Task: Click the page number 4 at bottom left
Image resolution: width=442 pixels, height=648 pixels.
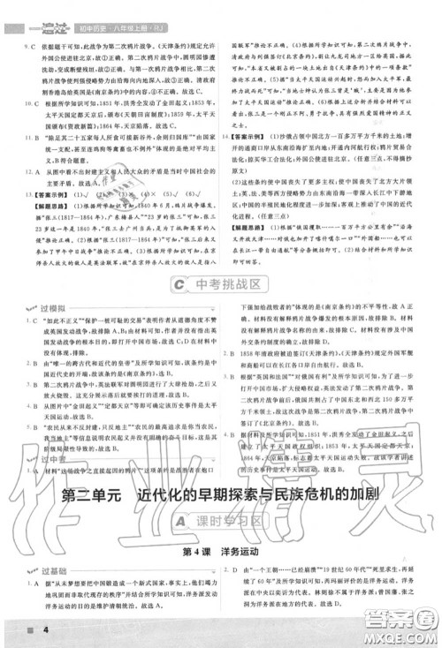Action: coord(20,629)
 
